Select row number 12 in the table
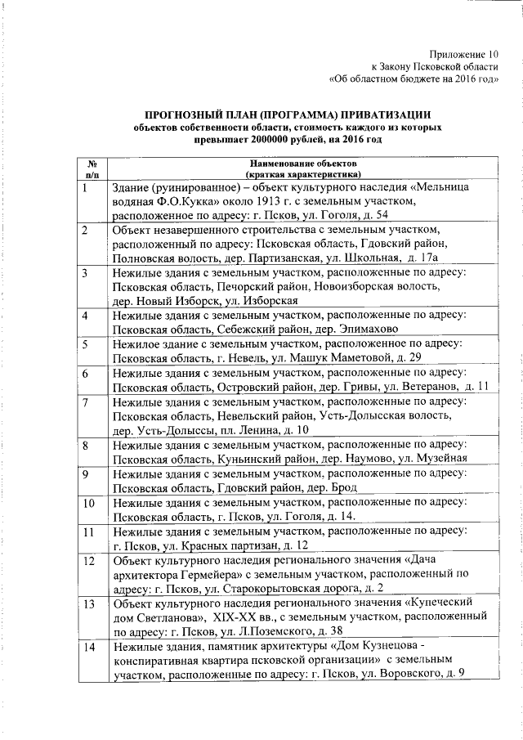[x=88, y=562]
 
